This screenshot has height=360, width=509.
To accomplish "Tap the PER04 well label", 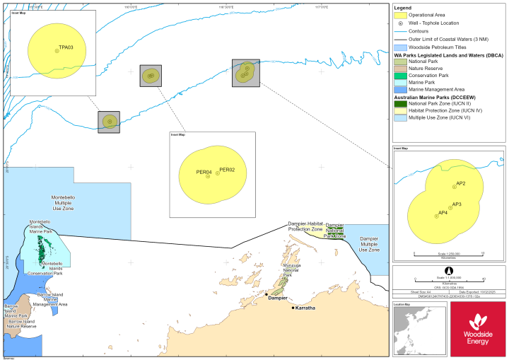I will coord(204,172).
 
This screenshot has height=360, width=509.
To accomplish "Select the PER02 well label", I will coord(227,170).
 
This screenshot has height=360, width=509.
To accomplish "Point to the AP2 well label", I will coord(460,184).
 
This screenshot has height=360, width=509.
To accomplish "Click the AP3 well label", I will coord(457,204).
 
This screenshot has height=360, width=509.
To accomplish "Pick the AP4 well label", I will coord(443,213).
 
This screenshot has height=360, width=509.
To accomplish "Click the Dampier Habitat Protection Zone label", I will coord(305,227).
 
